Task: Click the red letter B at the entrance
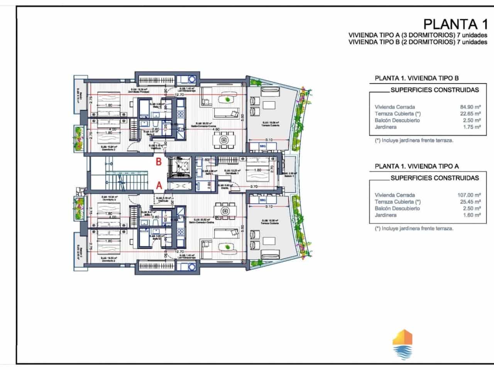click(x=158, y=162)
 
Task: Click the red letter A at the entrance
click(x=158, y=185)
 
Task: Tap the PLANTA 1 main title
click(x=455, y=24)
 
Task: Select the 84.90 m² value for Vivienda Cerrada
click(x=469, y=107)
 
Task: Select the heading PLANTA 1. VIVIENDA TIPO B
click(x=417, y=78)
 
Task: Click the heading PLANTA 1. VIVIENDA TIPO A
click(x=417, y=166)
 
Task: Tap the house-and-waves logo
click(x=402, y=345)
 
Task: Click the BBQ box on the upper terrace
click(x=263, y=146)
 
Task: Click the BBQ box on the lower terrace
click(x=263, y=200)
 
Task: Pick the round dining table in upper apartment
click(x=224, y=140)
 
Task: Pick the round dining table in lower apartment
click(x=224, y=211)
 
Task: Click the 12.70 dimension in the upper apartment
click(x=179, y=95)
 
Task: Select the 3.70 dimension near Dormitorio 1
click(x=254, y=187)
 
